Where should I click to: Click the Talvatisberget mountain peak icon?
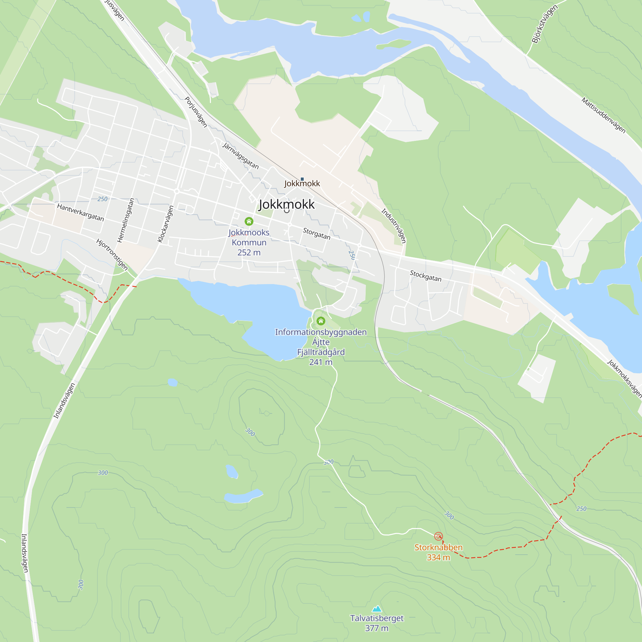377,608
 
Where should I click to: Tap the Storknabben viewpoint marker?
438,536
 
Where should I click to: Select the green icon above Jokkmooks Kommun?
249,221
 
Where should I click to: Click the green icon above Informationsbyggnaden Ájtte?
321,321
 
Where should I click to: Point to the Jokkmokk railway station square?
302,179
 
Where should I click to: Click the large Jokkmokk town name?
286,204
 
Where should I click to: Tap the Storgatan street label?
317,234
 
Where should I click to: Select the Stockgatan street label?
425,276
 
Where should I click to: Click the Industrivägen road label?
394,226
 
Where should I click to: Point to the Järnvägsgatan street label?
240,155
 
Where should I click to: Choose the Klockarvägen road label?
166,224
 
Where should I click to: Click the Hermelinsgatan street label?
126,220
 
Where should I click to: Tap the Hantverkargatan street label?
81,212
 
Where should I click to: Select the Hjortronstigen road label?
112,255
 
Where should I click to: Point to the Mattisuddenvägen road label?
603,115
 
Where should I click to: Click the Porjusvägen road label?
196,112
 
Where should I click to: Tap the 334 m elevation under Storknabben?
438,557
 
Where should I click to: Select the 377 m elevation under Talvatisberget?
377,628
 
